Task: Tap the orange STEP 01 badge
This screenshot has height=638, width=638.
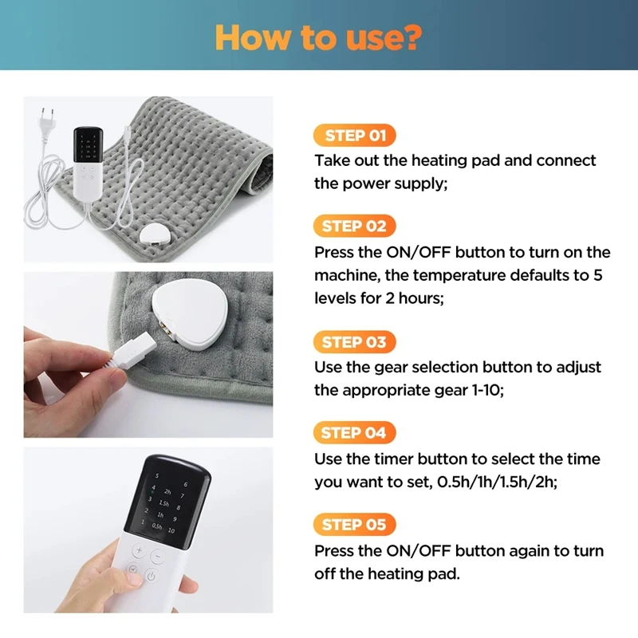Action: pos(355,136)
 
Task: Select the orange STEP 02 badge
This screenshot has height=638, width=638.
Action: pos(355,226)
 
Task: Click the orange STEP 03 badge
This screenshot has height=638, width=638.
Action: pos(355,342)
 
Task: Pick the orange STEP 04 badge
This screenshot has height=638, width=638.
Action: pos(355,433)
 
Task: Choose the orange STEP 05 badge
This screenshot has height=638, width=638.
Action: pos(355,525)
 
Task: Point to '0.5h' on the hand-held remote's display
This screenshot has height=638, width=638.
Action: pos(157,526)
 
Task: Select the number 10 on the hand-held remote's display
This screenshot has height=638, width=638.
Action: pos(171,530)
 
